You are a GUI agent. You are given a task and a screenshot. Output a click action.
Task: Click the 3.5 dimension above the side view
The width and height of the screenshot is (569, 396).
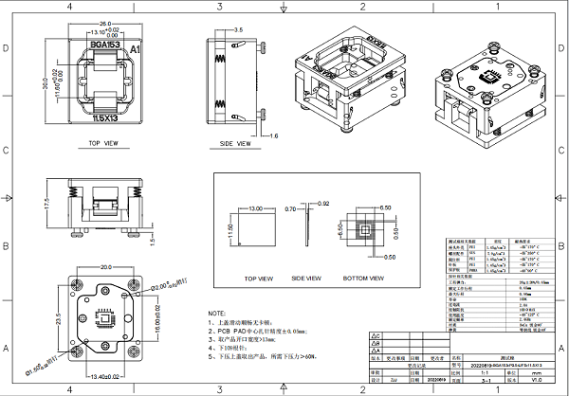pos(237,30)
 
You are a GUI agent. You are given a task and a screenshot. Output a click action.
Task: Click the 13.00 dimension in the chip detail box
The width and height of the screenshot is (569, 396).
pos(253,207)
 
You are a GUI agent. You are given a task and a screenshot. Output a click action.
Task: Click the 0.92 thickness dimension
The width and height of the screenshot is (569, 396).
pos(323,204)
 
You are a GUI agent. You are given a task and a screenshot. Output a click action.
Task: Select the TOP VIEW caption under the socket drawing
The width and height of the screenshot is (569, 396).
pos(102,144)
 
